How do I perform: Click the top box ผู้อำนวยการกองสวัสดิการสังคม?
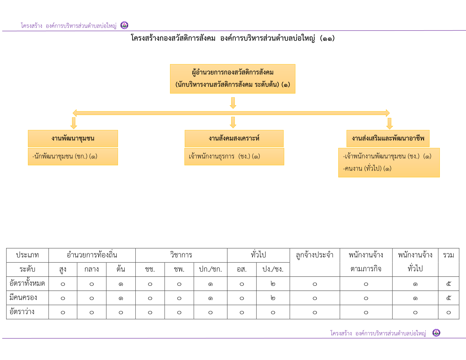click(x=232, y=79)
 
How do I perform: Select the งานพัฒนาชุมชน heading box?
click(x=73, y=138)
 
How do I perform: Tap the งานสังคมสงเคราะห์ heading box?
click(x=234, y=138)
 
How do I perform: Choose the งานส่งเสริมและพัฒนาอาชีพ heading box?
click(x=388, y=138)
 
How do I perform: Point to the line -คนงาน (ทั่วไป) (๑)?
click(x=367, y=168)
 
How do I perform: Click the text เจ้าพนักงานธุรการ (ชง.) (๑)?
click(x=224, y=156)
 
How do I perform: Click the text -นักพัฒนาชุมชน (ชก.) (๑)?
click(x=65, y=156)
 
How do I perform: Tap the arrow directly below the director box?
click(x=233, y=103)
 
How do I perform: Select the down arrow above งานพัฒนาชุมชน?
click(x=74, y=123)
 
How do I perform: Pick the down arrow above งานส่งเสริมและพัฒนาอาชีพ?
click(x=390, y=124)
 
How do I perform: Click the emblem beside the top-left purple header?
click(x=124, y=25)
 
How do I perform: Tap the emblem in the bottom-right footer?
click(x=436, y=333)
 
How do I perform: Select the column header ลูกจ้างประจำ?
click(x=314, y=255)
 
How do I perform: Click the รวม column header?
click(x=448, y=255)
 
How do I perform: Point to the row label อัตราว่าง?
click(x=22, y=312)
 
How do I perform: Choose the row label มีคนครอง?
click(x=23, y=298)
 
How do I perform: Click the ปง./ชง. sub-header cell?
click(x=273, y=269)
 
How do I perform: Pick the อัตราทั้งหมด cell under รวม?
click(x=448, y=284)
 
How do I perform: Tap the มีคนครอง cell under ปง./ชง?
click(x=273, y=298)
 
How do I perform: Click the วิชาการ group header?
click(x=181, y=255)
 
